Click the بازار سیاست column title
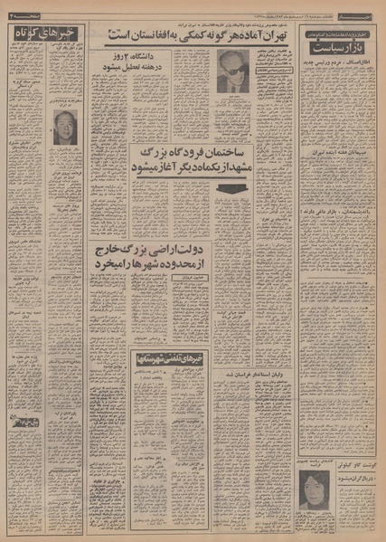click(342, 43)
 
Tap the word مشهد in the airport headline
click(282, 170)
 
